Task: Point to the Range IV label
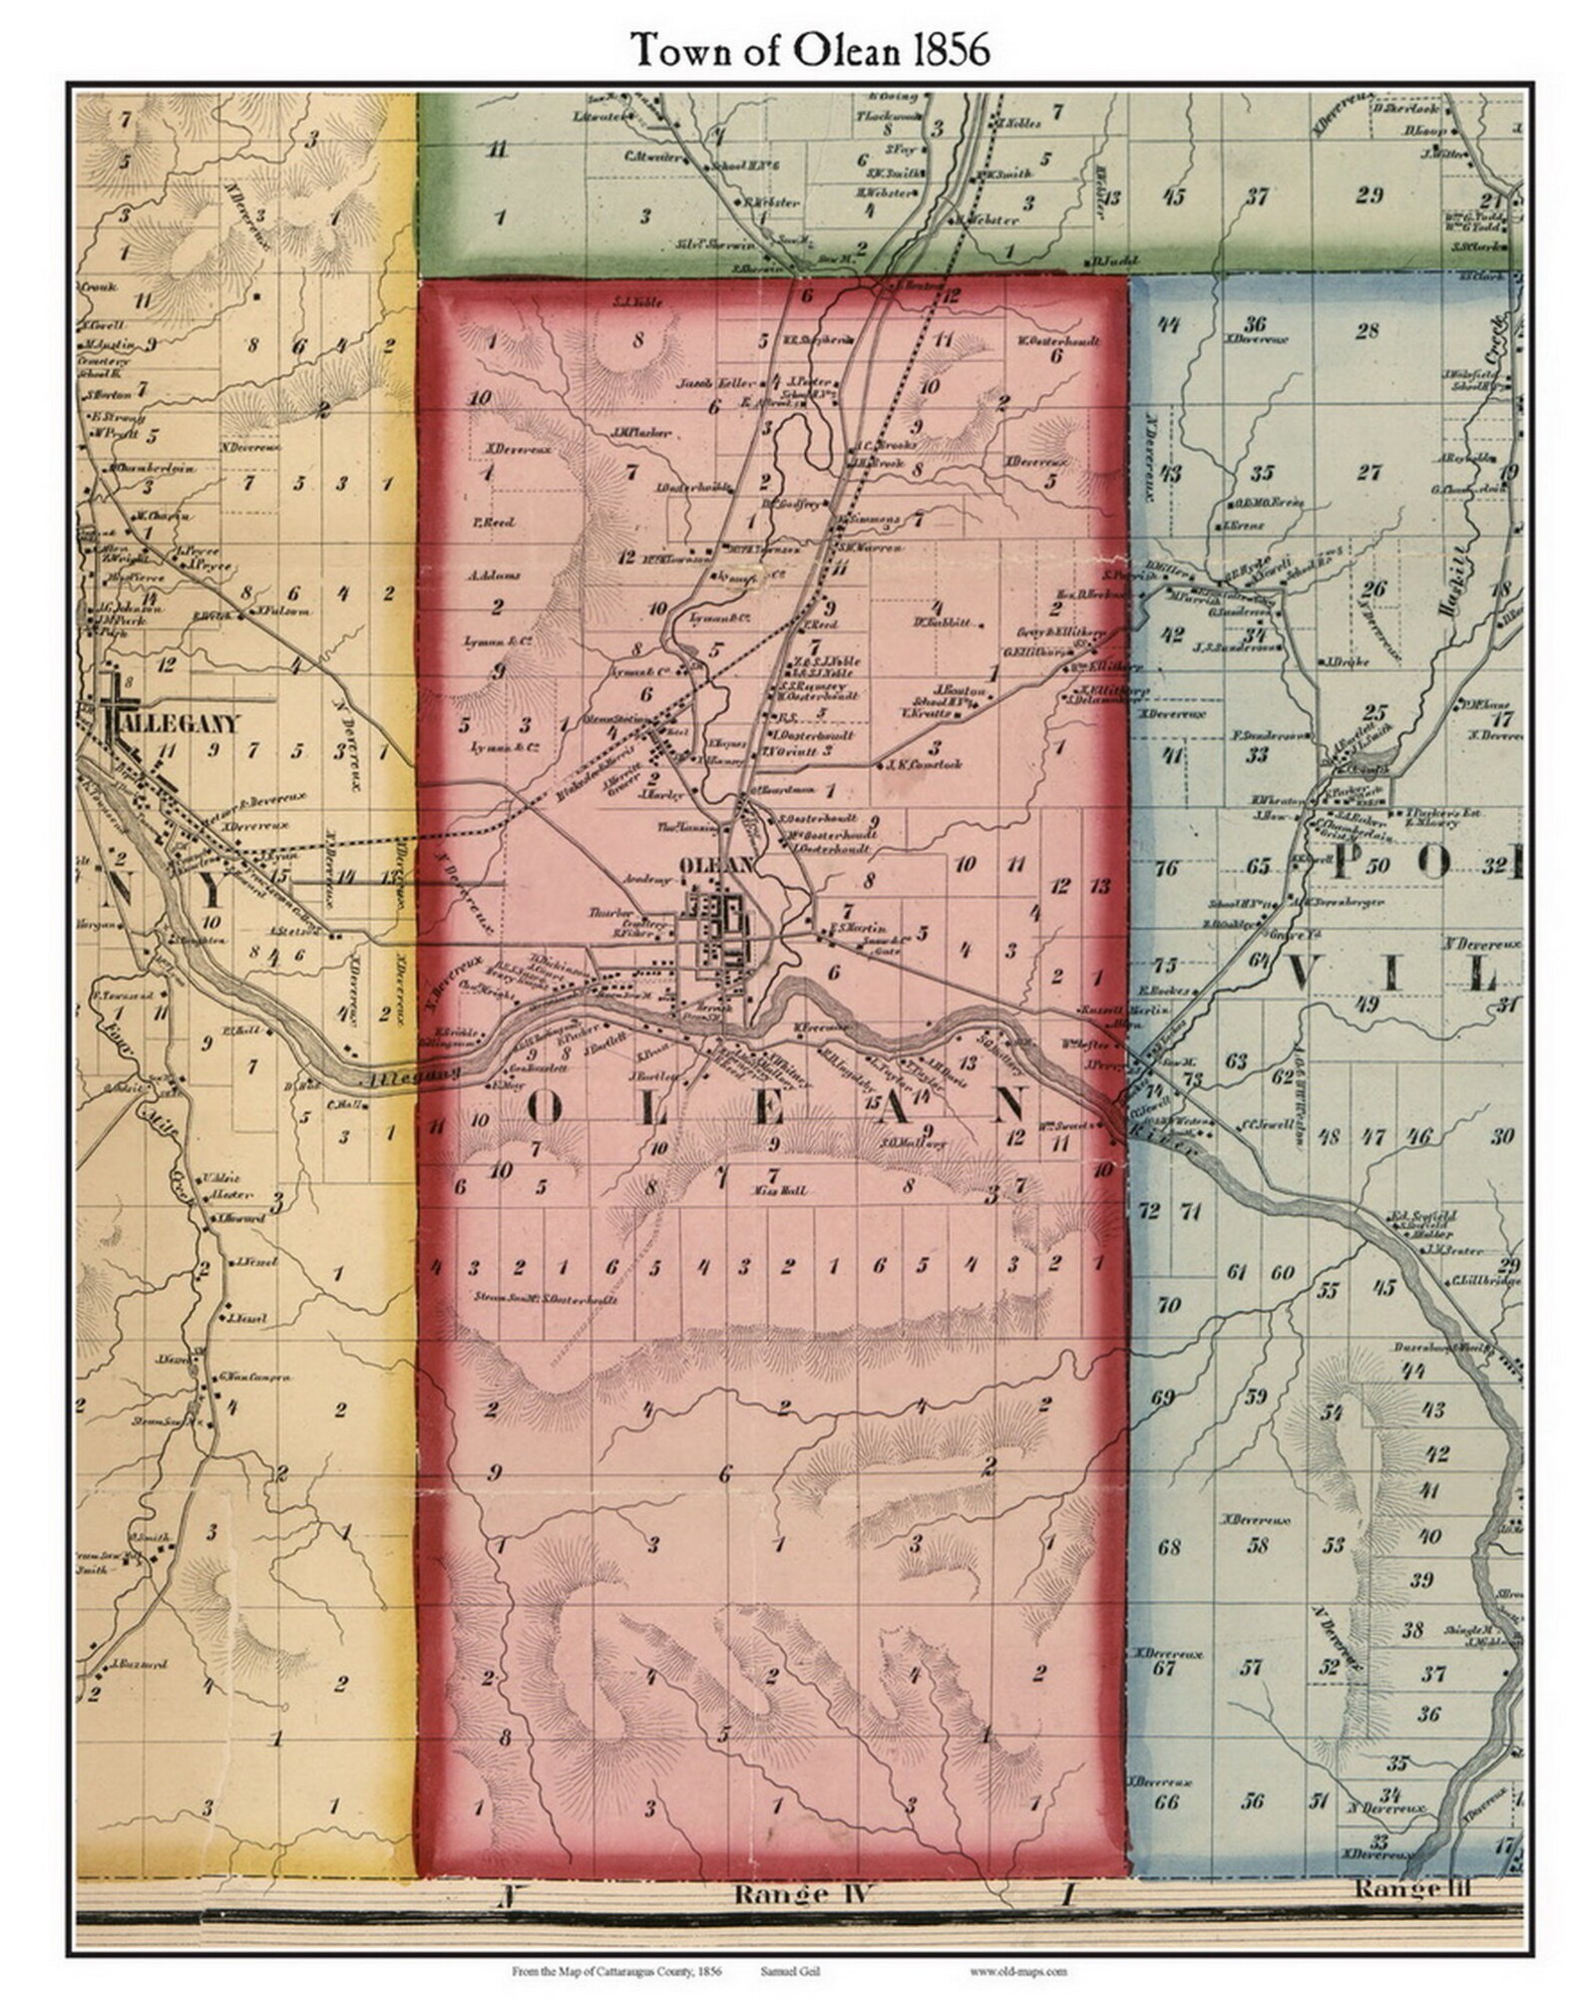point(793,1894)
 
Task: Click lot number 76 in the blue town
point(1165,868)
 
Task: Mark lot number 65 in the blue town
point(1258,866)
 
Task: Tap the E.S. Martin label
point(851,928)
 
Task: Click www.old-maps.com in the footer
point(1017,1971)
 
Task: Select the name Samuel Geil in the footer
point(790,1971)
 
